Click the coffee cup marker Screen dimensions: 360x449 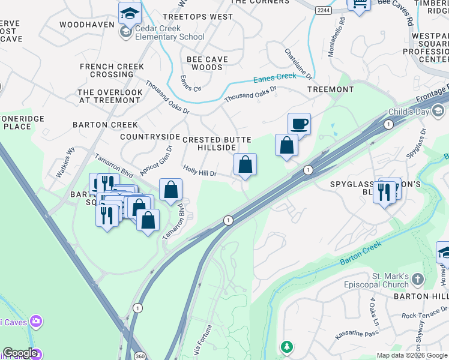pyautogui.click(x=299, y=124)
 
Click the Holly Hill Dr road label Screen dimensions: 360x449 pyautogui.click(x=199, y=172)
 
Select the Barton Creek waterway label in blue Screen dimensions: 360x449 pyautogui.click(x=360, y=254)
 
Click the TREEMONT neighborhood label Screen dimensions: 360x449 pyautogui.click(x=330, y=89)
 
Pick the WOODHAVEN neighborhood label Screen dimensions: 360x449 pyautogui.click(x=87, y=25)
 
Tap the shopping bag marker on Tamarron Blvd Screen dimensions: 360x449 pyautogui.click(x=171, y=190)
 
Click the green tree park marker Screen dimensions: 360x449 pyautogui.click(x=287, y=347)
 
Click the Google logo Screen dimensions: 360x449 pyautogui.click(x=19, y=353)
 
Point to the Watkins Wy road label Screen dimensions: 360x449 pyautogui.click(x=66, y=163)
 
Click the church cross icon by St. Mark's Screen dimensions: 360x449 pyautogui.click(x=418, y=280)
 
